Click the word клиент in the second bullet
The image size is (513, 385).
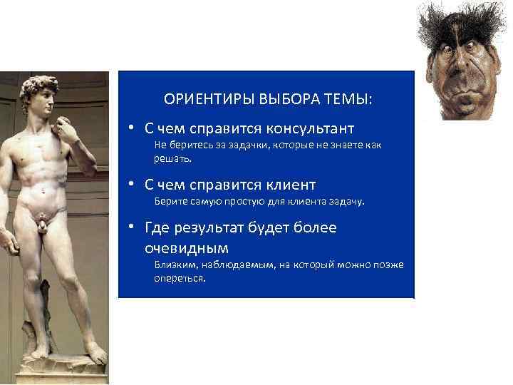click(288, 185)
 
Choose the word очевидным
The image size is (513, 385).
click(187, 248)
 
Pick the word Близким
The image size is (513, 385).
click(177, 265)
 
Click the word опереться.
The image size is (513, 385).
click(180, 278)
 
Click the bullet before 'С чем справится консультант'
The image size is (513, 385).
click(133, 129)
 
